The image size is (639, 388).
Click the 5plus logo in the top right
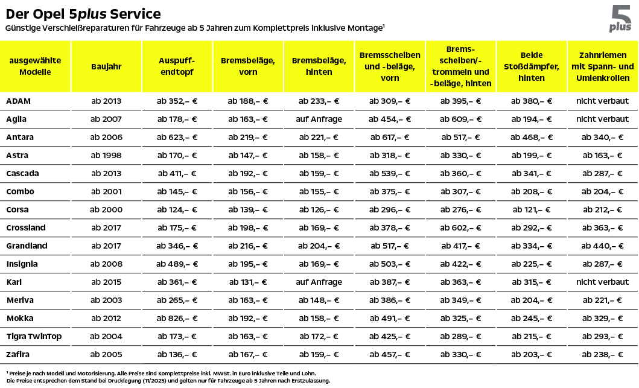click(620, 19)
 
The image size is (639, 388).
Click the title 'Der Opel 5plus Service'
click(83, 13)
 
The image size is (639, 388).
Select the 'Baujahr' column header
click(106, 66)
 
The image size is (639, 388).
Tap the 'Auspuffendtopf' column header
click(177, 66)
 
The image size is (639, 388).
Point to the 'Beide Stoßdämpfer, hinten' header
click(531, 66)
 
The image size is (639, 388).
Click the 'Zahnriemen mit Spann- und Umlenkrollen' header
click(602, 66)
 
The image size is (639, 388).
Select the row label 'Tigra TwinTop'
click(34, 336)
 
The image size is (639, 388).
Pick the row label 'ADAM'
click(18, 101)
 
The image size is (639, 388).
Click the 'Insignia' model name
click(22, 264)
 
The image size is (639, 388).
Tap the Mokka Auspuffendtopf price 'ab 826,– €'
click(177, 318)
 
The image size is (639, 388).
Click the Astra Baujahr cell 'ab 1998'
click(106, 155)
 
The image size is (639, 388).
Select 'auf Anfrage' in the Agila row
click(319, 119)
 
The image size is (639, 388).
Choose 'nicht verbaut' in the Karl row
click(602, 282)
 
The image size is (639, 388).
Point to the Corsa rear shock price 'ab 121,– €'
click(531, 209)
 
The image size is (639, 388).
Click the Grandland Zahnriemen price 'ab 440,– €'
click(602, 246)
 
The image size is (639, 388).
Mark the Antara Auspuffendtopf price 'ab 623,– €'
click(177, 137)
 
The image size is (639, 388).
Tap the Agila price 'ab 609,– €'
click(460, 119)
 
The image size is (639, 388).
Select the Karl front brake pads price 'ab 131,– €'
click(247, 282)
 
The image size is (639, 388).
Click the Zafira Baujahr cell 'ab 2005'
click(106, 354)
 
